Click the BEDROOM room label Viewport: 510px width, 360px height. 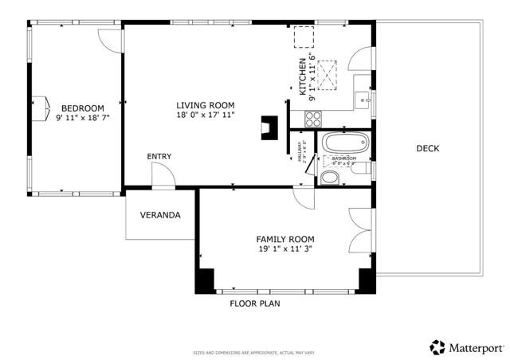click(82, 108)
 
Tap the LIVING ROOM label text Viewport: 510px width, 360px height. click(205, 104)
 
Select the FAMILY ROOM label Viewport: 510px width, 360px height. click(284, 239)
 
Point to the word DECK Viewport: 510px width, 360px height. click(427, 149)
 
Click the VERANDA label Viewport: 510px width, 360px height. click(160, 215)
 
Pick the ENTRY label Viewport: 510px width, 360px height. click(159, 156)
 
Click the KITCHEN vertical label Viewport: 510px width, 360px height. click(303, 76)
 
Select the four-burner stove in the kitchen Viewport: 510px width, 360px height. click(312, 119)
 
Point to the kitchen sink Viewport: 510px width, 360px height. click(361, 99)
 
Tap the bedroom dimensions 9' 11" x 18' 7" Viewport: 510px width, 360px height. click(82, 118)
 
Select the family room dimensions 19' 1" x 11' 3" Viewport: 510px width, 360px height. click(284, 248)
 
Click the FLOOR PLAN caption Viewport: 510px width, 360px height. click(255, 303)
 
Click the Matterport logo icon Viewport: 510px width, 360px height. click(437, 347)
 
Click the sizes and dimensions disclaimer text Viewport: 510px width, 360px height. click(255, 351)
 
